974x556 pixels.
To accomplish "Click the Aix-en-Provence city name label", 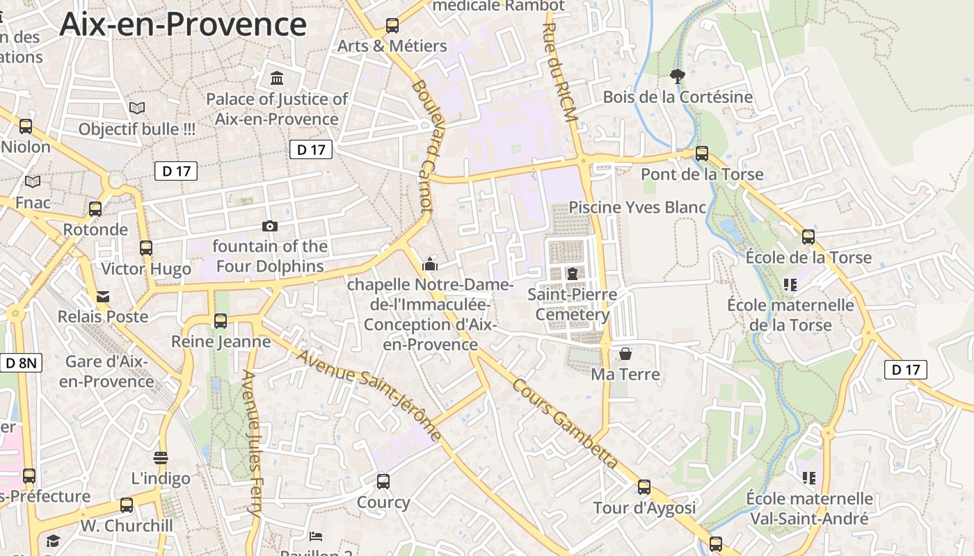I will point(183,24).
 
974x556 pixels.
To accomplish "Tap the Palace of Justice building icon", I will point(277,77).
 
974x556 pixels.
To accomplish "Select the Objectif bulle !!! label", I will point(137,129).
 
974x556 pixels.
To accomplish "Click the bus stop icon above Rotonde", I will point(95,208).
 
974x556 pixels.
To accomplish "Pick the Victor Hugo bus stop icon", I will point(146,247).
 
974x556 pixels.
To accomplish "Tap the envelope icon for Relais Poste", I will point(103,296).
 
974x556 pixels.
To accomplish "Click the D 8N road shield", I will point(22,362).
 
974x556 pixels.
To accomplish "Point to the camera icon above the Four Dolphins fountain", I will point(270,226).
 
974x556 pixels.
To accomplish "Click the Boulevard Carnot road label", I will point(423,146).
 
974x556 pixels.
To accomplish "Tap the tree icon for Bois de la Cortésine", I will point(677,76).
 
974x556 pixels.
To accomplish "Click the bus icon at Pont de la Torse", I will point(702,154).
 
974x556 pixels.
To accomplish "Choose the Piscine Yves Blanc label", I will point(637,207).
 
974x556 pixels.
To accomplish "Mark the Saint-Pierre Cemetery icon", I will point(572,274).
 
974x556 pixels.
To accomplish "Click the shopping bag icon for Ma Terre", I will point(625,354).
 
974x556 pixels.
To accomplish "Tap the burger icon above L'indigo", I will point(161,457).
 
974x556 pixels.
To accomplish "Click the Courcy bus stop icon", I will point(383,481).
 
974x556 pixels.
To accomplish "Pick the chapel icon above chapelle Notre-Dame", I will point(430,264).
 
